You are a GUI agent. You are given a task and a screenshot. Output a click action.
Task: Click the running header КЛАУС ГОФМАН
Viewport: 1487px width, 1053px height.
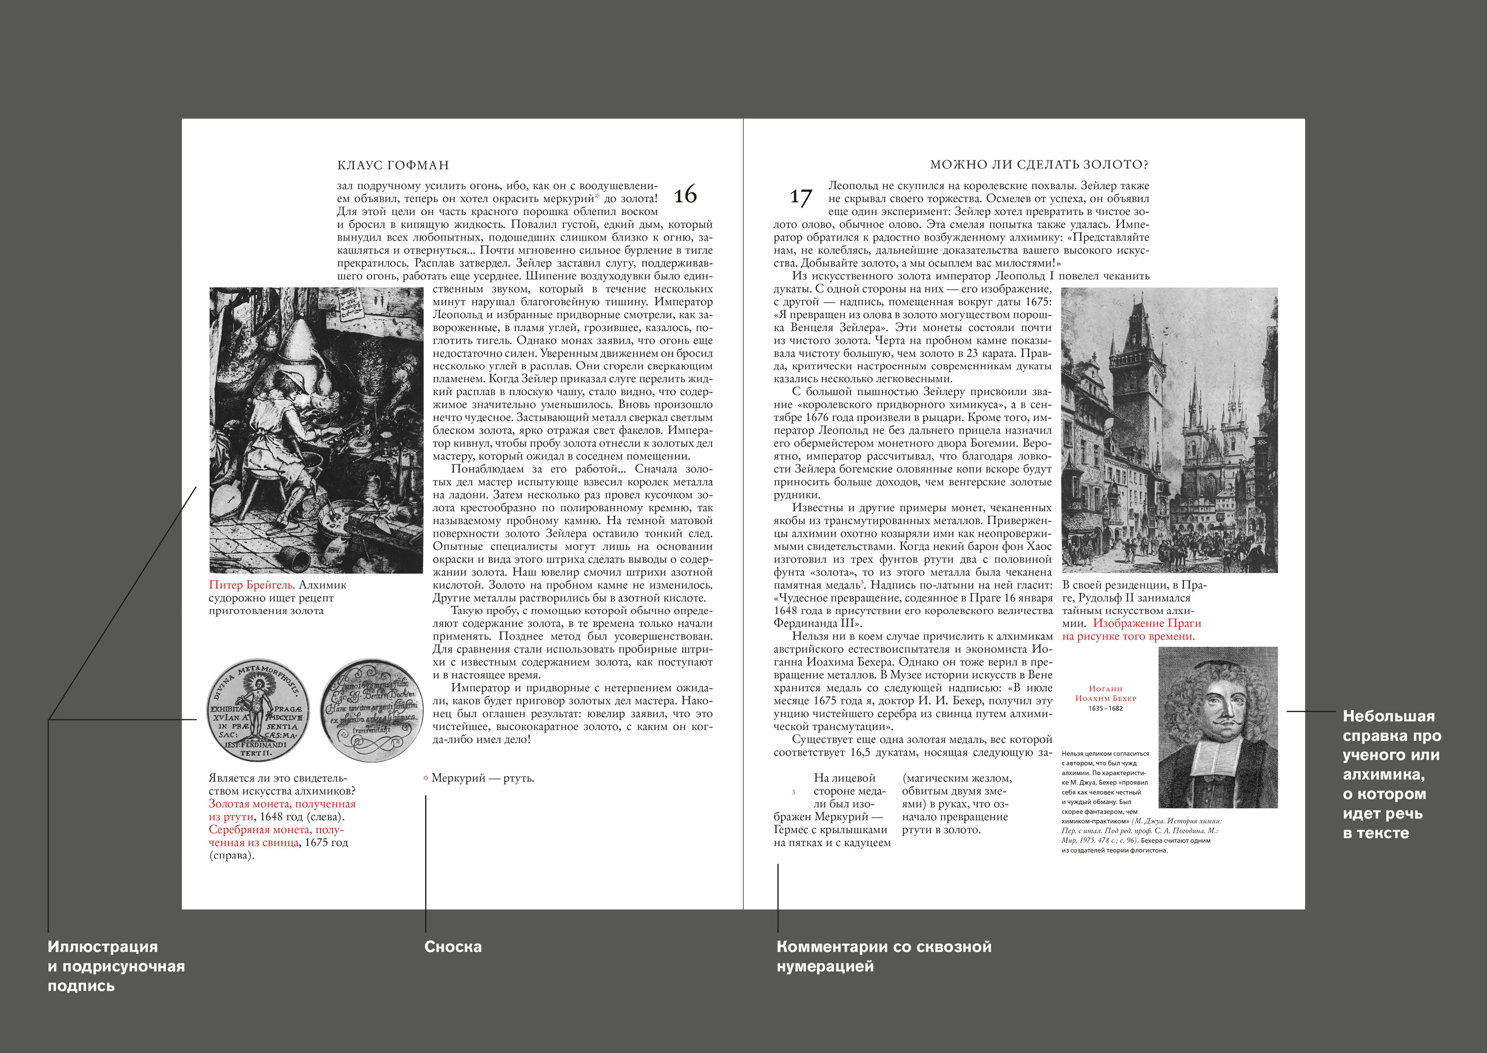pos(393,165)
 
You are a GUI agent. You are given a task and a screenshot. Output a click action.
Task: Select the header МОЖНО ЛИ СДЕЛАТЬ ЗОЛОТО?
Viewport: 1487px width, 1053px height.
pos(1039,165)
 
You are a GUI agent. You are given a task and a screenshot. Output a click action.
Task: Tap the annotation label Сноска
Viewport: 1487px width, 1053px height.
pos(453,947)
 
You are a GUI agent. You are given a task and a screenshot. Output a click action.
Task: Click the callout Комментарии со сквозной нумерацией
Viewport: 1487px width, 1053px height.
pos(883,956)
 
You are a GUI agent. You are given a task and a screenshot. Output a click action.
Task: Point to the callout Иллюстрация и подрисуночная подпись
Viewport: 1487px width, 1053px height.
pos(115,966)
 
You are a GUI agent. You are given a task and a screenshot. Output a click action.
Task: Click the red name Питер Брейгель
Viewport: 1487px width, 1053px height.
pos(251,585)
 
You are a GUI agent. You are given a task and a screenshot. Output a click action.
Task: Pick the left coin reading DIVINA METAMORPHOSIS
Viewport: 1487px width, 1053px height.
pos(257,710)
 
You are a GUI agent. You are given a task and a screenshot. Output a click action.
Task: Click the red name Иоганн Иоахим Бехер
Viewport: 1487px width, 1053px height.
pos(1105,693)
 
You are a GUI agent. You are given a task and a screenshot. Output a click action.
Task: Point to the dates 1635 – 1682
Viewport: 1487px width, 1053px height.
pos(1105,709)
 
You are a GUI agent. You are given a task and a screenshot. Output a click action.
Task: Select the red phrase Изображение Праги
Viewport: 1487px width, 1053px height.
pos(1146,623)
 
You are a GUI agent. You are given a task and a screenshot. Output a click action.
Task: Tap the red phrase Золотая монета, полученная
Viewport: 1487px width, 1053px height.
pos(282,804)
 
